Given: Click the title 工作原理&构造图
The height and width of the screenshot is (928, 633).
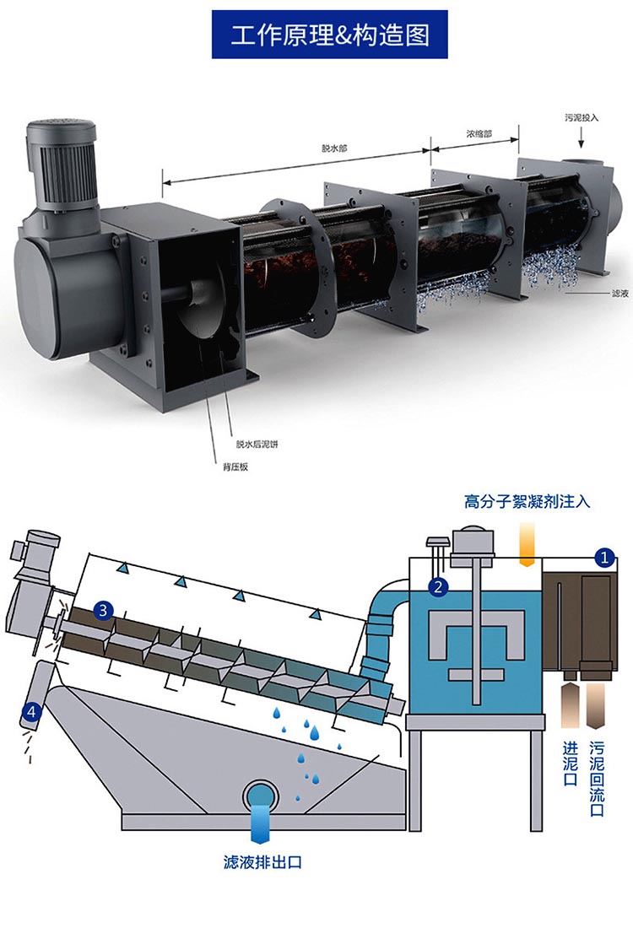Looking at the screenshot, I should (x=330, y=35).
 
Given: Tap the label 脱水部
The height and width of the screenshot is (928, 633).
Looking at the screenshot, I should (x=334, y=148).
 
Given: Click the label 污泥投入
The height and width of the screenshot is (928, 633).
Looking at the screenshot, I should (x=582, y=116).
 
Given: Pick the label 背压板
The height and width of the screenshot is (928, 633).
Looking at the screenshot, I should (x=235, y=467).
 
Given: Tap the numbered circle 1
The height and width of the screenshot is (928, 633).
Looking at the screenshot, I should (x=603, y=557).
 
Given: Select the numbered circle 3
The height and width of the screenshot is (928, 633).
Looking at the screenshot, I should (x=103, y=609).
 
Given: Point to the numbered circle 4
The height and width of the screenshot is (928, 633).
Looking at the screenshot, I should (x=31, y=712).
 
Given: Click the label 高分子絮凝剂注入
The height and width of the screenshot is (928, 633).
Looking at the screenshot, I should (x=527, y=502).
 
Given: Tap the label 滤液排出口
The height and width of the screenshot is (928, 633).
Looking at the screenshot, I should (x=262, y=862).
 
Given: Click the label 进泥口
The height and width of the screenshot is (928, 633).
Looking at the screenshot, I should (x=571, y=763).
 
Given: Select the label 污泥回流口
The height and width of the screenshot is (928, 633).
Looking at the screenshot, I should (x=597, y=778).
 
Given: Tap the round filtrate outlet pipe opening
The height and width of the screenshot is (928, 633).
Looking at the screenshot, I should (x=262, y=796).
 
